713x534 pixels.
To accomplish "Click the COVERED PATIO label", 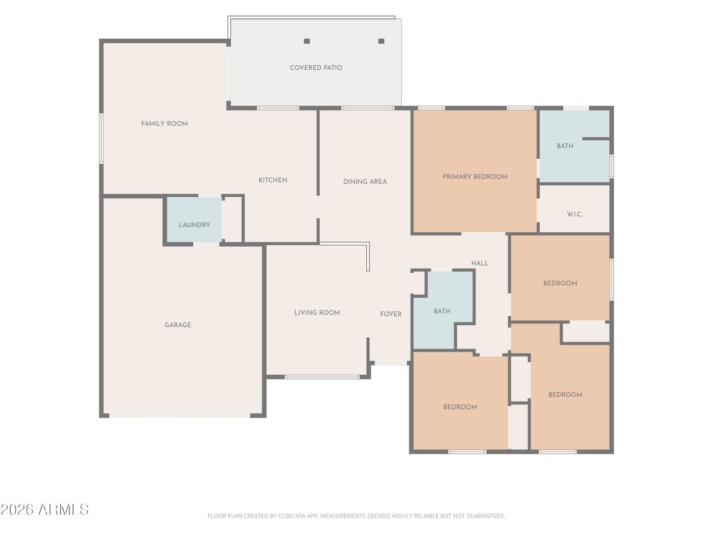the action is (x=316, y=68).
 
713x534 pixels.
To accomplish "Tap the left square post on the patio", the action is (x=307, y=41).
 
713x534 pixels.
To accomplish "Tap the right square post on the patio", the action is (x=381, y=41).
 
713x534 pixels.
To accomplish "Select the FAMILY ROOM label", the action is (x=164, y=124).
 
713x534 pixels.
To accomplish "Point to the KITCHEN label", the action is (x=273, y=180).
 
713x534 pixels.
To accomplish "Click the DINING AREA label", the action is (x=365, y=182).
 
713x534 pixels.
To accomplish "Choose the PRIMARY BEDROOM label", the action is (x=475, y=177).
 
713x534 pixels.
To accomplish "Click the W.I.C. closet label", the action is (x=574, y=214).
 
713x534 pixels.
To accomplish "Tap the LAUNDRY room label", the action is (x=194, y=225).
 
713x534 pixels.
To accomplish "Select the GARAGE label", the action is (x=178, y=325).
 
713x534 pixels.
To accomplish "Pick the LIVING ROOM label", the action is (x=317, y=313).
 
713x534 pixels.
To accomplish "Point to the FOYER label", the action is (x=391, y=314).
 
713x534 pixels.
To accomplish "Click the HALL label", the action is (x=480, y=263).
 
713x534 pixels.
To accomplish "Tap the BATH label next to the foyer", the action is (x=442, y=311).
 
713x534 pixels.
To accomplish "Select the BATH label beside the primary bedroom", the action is (x=565, y=146).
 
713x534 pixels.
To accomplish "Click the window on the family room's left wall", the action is (x=101, y=138).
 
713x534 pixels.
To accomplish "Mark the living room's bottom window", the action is (x=322, y=377).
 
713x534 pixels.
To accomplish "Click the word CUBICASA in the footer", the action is (x=290, y=516).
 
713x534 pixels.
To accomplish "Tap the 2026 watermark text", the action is (x=17, y=510).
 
